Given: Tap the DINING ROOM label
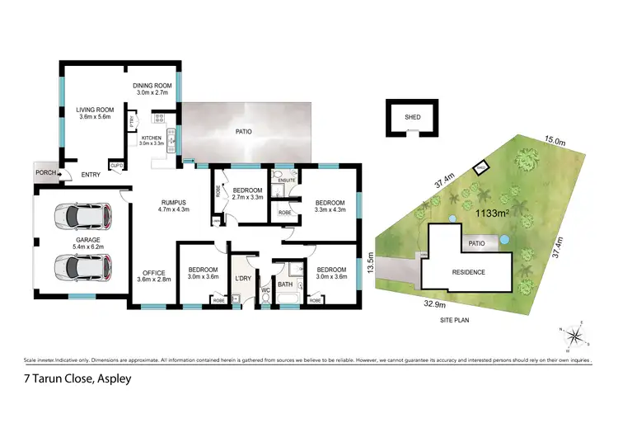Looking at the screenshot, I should (154, 85).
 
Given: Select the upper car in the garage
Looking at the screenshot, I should (82, 218).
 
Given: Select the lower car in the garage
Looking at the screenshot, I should (82, 266).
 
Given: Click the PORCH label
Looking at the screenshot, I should (45, 174).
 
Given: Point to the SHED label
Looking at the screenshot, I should (413, 117).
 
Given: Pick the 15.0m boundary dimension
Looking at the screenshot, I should (555, 142).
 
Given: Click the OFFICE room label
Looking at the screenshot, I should (153, 273).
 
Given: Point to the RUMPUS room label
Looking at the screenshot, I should (174, 202).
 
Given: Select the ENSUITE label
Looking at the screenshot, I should (286, 180).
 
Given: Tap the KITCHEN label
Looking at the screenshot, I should (152, 138).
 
